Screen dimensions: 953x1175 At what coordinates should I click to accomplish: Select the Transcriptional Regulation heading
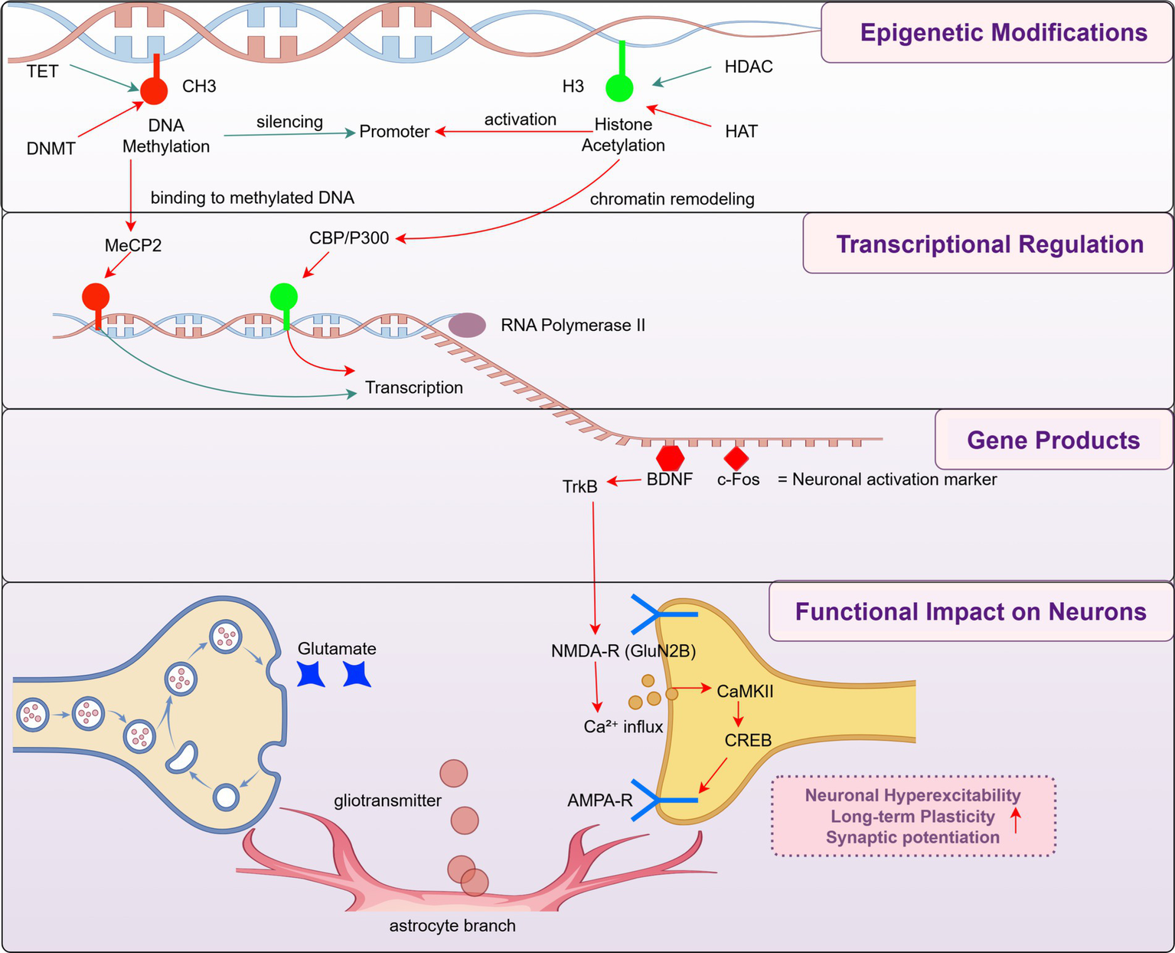click(x=989, y=244)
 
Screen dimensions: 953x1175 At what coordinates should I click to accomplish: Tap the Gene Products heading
click(x=1053, y=440)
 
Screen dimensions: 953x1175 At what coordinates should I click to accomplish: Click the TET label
click(x=42, y=71)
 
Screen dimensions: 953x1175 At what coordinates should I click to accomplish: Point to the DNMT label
click(x=51, y=149)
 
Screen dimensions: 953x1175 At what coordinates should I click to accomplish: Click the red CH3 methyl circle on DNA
click(x=154, y=90)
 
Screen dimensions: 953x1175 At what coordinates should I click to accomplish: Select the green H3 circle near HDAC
click(x=619, y=87)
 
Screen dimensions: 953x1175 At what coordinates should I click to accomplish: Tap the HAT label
click(x=741, y=132)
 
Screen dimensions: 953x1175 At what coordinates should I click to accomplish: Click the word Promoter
click(x=394, y=132)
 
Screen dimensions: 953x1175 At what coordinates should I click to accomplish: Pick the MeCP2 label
click(x=133, y=246)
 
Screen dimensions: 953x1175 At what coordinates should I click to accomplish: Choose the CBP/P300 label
click(x=349, y=238)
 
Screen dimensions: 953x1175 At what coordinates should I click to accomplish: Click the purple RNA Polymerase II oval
click(x=467, y=325)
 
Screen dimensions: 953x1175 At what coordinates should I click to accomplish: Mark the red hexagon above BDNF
click(x=670, y=457)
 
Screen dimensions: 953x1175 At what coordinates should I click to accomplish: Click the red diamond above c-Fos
click(x=736, y=458)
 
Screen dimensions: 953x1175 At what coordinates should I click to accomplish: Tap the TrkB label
click(x=579, y=486)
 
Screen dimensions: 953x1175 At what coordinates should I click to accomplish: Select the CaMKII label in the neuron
click(x=745, y=691)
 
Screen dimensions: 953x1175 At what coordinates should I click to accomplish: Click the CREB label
click(x=748, y=740)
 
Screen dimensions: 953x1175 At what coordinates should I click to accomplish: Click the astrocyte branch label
click(x=452, y=925)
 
